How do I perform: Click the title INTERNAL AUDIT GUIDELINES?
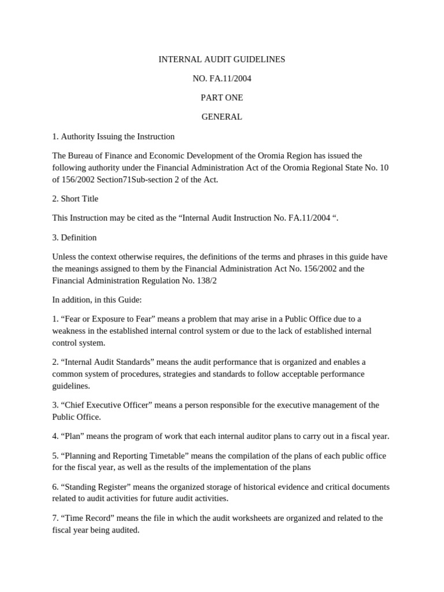221,60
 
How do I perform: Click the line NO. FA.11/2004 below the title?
221,79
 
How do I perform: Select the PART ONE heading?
221,98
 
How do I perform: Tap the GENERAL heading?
221,117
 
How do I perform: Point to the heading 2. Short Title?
75,198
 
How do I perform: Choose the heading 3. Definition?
75,237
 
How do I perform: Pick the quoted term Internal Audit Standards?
110,362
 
